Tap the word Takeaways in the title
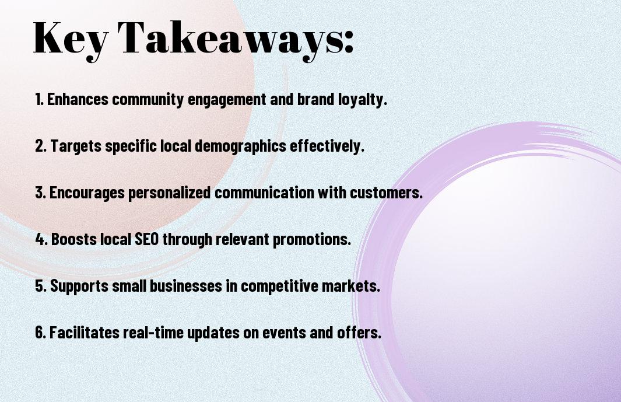pyautogui.click(x=230, y=40)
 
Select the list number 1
pyautogui.click(x=39, y=99)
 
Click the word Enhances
pyautogui.click(x=78, y=99)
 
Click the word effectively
pyautogui.click(x=327, y=146)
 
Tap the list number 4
pyautogui.click(x=41, y=239)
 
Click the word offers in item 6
pyautogui.click(x=359, y=332)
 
